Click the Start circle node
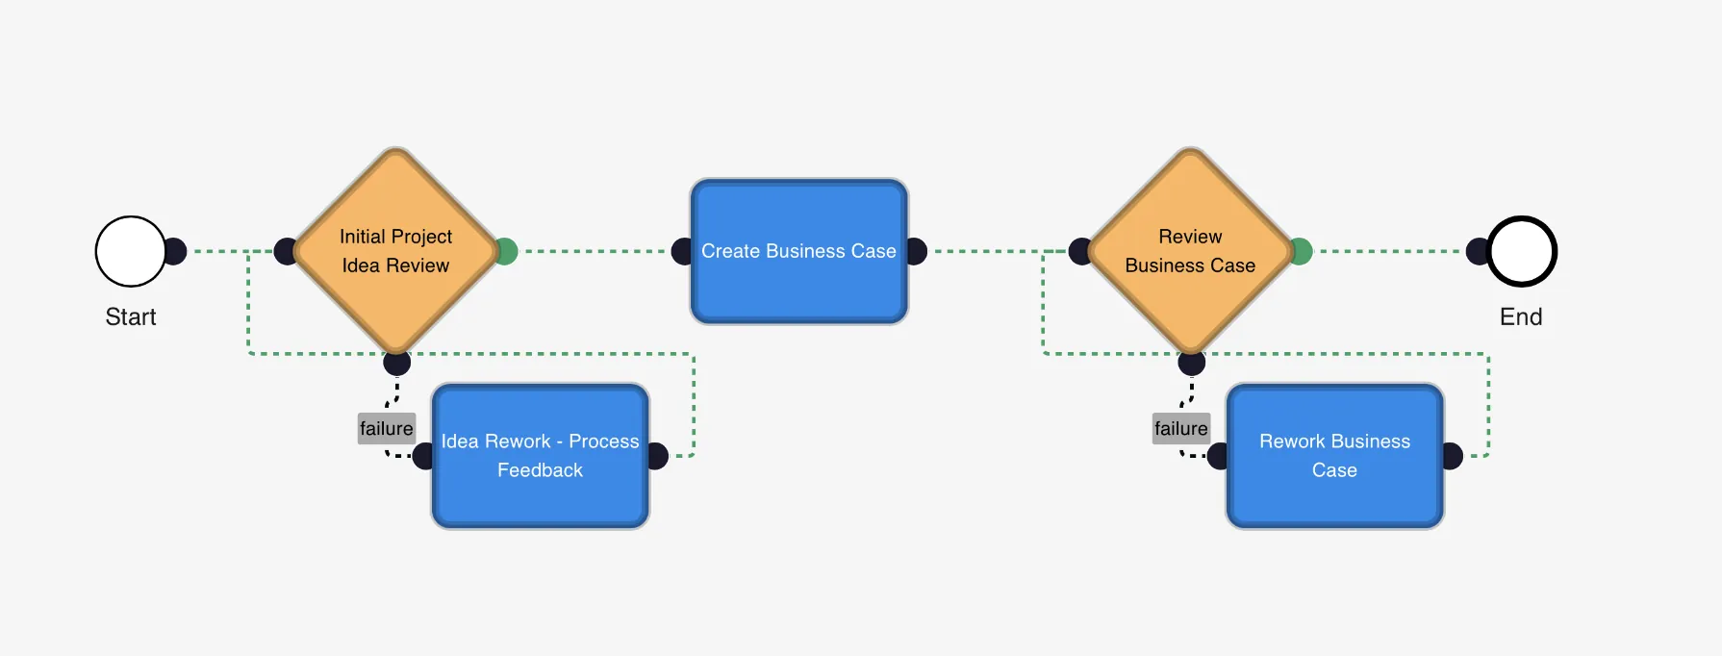131,251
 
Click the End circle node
1522,251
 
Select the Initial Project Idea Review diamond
396,251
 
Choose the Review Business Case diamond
1191,251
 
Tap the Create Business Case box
798,251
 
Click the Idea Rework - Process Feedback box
540,456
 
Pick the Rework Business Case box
1334,456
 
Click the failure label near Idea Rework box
386,428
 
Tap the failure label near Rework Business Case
1180,428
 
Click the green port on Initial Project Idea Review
506,251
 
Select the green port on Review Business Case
1301,251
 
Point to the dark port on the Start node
175,251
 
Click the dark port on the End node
1478,251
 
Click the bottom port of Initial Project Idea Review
396,363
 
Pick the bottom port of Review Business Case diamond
1191,363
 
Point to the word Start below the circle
131,316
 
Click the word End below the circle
1521,316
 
